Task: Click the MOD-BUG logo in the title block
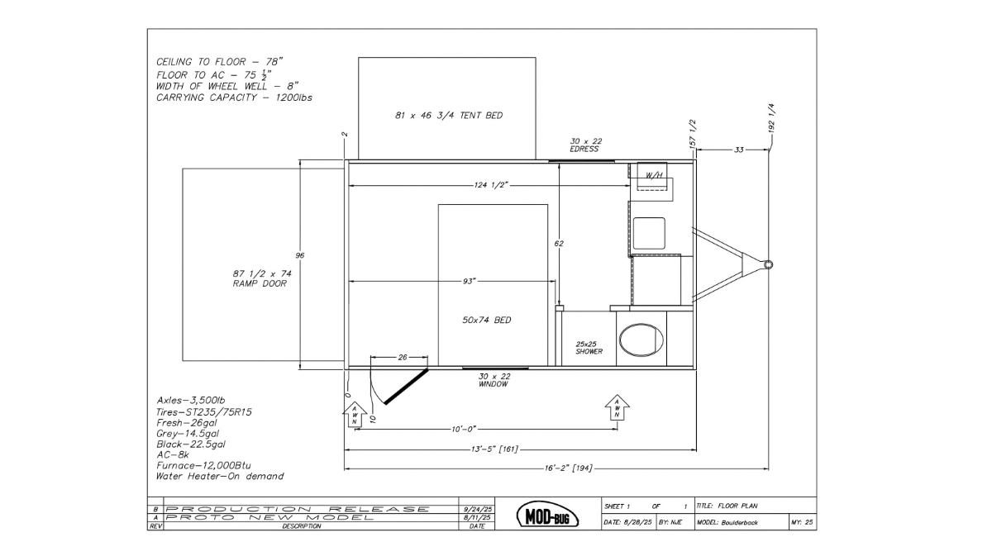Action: click(548, 515)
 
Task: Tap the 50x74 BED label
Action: click(487, 320)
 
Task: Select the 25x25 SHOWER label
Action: click(589, 348)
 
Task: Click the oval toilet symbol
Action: click(641, 340)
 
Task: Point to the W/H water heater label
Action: click(654, 175)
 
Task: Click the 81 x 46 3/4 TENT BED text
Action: click(449, 116)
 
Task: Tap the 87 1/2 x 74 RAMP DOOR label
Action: click(262, 278)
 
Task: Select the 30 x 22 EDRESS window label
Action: click(585, 145)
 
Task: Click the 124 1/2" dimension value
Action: click(490, 185)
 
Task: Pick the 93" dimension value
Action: click(469, 281)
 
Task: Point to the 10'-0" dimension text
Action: click(464, 429)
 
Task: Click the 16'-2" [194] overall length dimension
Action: click(568, 468)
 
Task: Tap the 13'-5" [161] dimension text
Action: click(494, 449)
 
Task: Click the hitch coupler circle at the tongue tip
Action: click(768, 265)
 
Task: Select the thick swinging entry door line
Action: click(407, 386)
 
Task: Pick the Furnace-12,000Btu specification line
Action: click(203, 466)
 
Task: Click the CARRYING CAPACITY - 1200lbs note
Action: click(234, 97)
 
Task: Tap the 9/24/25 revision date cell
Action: click(476, 509)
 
